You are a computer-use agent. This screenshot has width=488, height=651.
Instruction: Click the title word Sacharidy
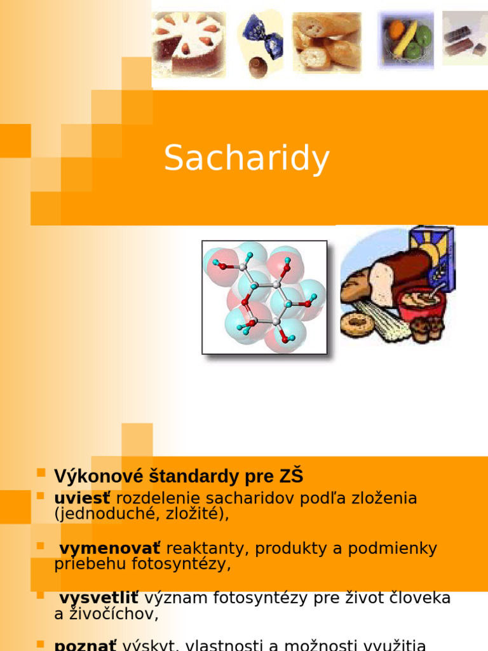tap(247, 158)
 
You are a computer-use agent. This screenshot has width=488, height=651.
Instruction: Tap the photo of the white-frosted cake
tap(189, 43)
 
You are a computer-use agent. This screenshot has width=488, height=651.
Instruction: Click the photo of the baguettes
tap(326, 42)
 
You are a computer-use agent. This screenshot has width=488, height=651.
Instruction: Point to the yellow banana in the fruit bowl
tap(407, 38)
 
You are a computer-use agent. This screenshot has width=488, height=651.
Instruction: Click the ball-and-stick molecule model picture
tap(264, 297)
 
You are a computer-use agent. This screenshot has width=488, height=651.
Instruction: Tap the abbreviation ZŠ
tap(290, 476)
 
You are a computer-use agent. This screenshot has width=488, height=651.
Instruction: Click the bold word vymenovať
tap(110, 548)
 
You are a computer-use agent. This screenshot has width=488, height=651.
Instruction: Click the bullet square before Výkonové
tap(41, 473)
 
